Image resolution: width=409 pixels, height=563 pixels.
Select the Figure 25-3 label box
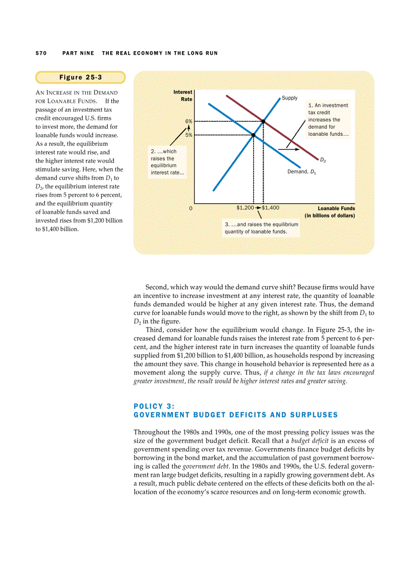point(80,77)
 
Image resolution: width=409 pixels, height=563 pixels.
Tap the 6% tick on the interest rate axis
point(189,121)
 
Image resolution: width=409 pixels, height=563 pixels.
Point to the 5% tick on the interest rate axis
point(189,135)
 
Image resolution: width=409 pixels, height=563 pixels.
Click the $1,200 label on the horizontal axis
point(245,207)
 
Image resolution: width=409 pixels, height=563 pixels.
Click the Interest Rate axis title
point(182,95)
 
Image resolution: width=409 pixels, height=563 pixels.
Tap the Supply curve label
point(289,98)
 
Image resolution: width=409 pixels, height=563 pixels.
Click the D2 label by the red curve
point(323,160)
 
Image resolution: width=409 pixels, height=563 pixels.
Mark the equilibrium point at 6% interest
point(263,121)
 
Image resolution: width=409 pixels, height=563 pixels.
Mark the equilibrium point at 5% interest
point(254,135)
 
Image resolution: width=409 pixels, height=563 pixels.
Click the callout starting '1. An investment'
point(328,120)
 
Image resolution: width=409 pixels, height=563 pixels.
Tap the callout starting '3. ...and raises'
point(261,228)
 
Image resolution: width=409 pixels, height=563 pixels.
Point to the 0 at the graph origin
point(190,208)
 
